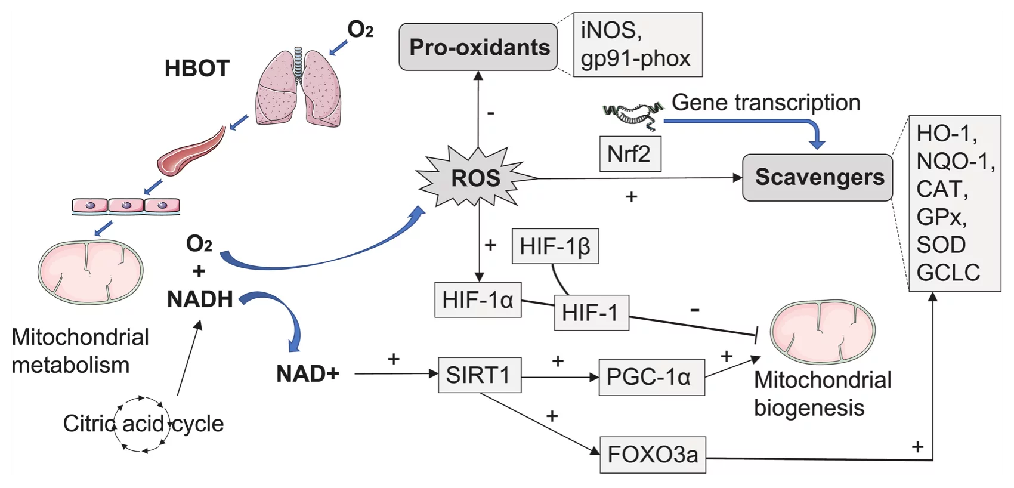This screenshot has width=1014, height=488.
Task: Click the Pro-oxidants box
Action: [x=478, y=47]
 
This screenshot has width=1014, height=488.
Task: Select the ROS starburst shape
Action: [x=475, y=178]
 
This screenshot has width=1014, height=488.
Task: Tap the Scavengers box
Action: [x=818, y=178]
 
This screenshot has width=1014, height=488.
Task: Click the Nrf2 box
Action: [x=630, y=154]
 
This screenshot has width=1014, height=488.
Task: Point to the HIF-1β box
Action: [x=555, y=246]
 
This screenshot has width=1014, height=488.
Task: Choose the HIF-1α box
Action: [x=478, y=299]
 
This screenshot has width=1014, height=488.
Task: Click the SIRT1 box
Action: [x=480, y=375]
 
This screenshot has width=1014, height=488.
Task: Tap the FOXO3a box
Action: [x=653, y=455]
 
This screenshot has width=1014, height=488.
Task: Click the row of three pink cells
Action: [x=126, y=206]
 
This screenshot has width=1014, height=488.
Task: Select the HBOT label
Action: [x=197, y=69]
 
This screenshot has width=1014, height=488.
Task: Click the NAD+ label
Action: [x=308, y=374]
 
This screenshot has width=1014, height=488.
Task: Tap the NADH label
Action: [x=200, y=299]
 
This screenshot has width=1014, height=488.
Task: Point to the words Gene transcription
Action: [x=766, y=103]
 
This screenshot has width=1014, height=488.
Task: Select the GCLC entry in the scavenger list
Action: [x=948, y=273]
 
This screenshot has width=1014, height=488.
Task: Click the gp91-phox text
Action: [x=635, y=58]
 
